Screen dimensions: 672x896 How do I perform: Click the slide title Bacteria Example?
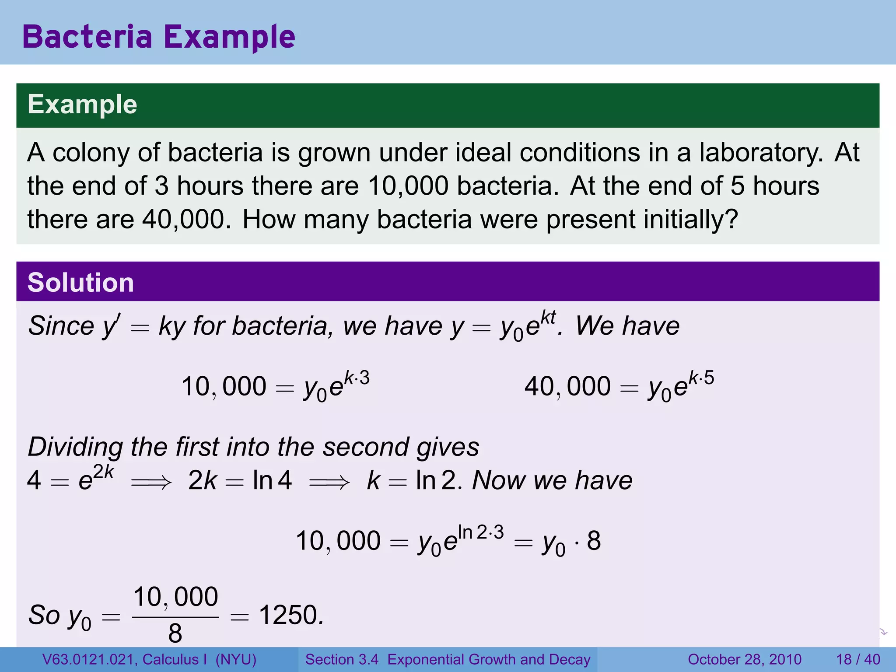pos(158,37)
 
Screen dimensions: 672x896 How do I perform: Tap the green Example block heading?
pos(82,105)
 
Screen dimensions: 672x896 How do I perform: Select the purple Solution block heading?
pos(80,283)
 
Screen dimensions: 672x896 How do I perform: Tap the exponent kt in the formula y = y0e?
pos(548,317)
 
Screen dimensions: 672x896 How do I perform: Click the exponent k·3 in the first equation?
pos(357,378)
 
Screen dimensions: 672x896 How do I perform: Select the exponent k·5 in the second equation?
pos(701,378)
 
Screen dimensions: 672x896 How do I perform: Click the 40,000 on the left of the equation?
pos(567,387)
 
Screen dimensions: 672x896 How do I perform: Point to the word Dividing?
pos(75,447)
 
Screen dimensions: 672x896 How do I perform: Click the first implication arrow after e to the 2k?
pos(151,483)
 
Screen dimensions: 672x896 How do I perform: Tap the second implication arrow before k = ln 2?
pos(329,483)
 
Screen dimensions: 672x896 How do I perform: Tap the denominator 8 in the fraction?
pos(175,633)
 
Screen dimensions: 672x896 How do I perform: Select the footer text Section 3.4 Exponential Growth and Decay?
pos(448,659)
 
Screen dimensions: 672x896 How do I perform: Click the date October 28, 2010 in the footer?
pos(744,659)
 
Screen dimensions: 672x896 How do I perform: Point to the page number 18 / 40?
pos(858,659)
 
